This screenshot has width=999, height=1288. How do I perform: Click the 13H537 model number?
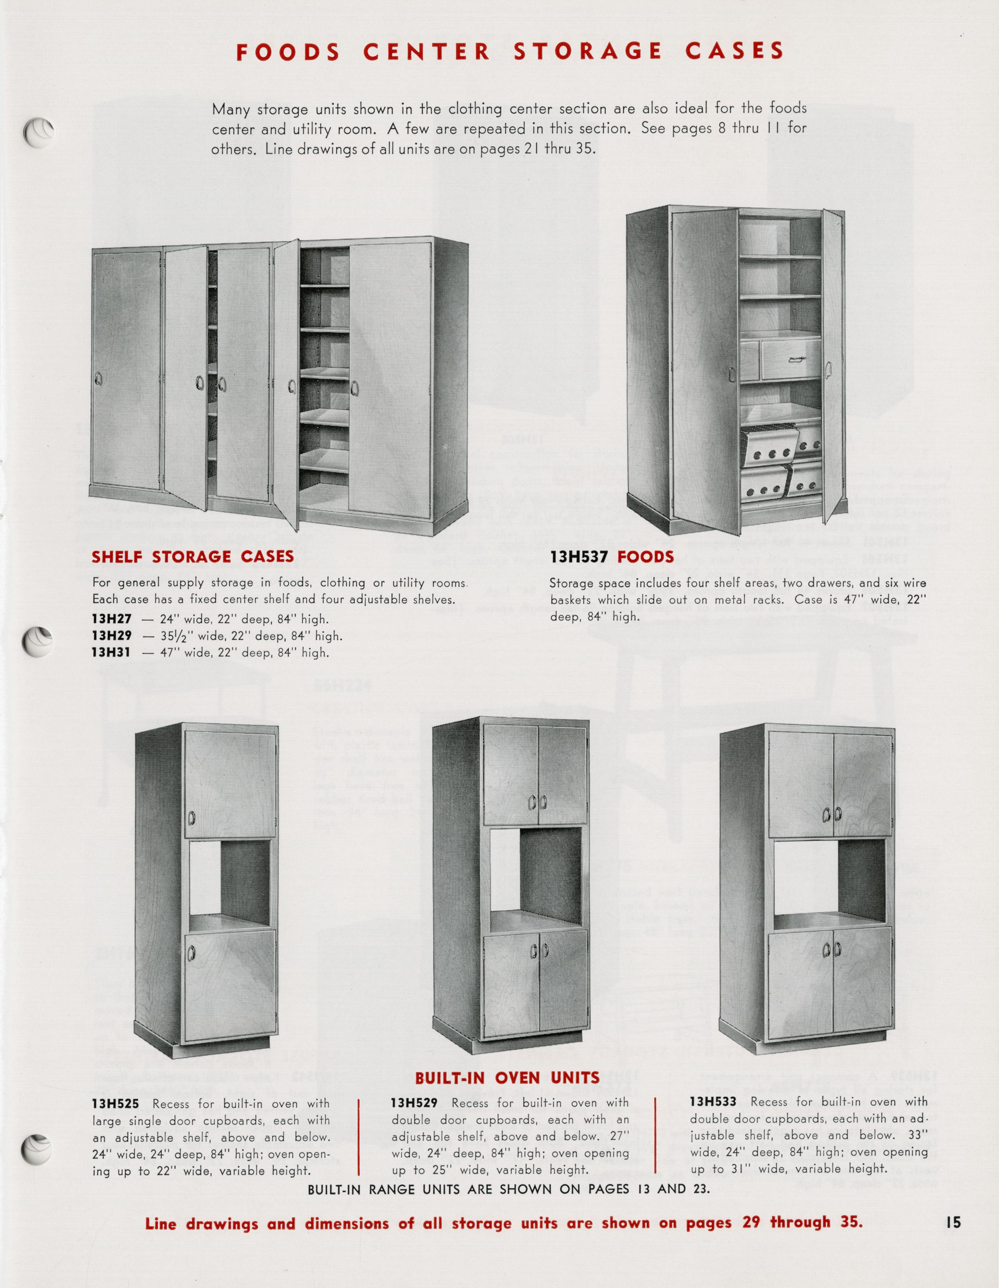tap(580, 557)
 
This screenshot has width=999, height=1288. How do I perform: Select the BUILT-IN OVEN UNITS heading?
tap(507, 1078)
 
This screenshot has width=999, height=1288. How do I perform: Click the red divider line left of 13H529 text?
tap(359, 1137)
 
